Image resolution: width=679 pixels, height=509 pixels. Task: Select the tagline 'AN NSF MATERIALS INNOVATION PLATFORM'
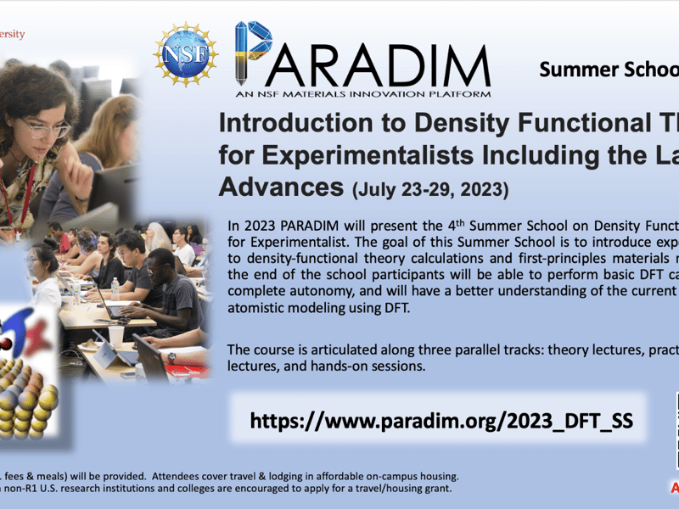coord(362,93)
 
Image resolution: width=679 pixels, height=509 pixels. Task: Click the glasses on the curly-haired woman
coord(46,129)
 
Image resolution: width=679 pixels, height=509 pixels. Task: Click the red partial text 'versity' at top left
coord(12,35)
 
